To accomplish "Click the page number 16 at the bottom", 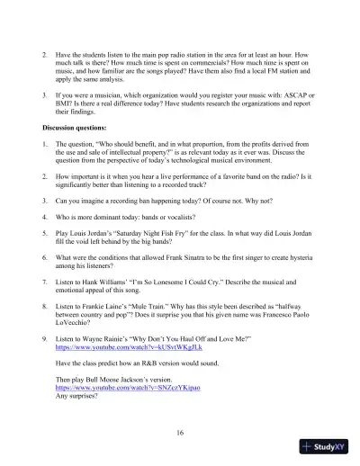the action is [181, 433].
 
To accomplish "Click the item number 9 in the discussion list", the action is [44, 336].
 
